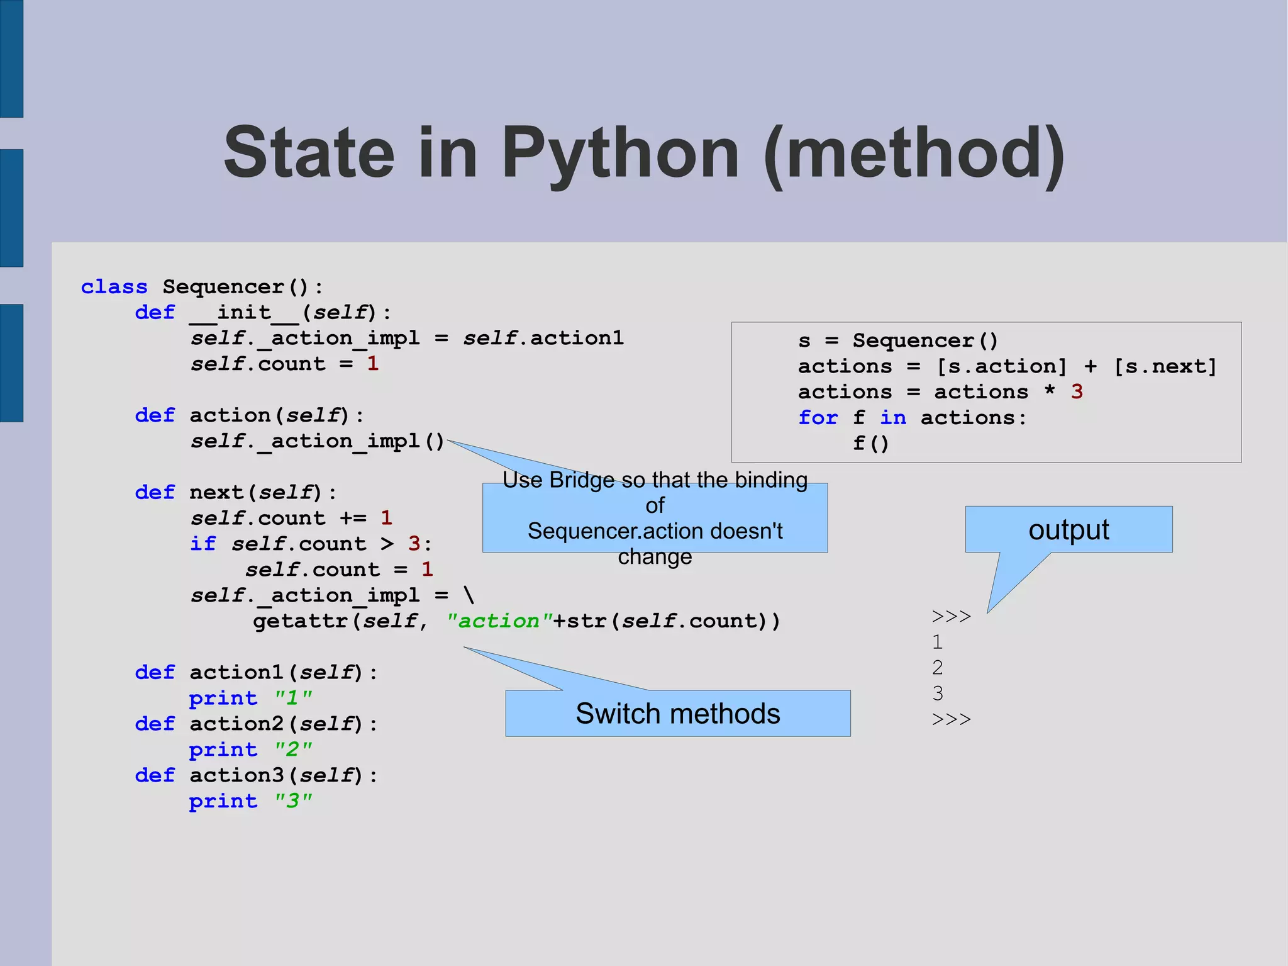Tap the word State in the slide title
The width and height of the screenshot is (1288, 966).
tap(309, 153)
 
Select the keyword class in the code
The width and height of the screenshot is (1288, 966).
tap(114, 287)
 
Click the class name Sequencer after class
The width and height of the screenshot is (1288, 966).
tap(223, 287)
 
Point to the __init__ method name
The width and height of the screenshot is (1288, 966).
tap(245, 313)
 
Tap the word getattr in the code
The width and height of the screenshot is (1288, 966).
tap(300, 621)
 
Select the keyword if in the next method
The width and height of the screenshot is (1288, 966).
tap(203, 544)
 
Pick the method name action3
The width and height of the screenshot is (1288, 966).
tap(237, 775)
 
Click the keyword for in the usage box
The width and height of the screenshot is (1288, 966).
tap(818, 418)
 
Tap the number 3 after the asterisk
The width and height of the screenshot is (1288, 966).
tap(1077, 392)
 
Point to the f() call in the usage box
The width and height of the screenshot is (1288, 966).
tap(871, 444)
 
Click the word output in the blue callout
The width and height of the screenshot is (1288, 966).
tap(1069, 530)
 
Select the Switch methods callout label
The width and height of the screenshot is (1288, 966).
tap(677, 714)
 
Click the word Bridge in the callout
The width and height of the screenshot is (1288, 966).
tap(582, 480)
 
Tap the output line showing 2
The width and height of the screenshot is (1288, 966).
tap(938, 667)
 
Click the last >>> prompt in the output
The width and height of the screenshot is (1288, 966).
tap(951, 719)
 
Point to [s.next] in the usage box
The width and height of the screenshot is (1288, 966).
tap(1165, 366)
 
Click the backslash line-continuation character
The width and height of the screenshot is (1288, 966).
tap(469, 595)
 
